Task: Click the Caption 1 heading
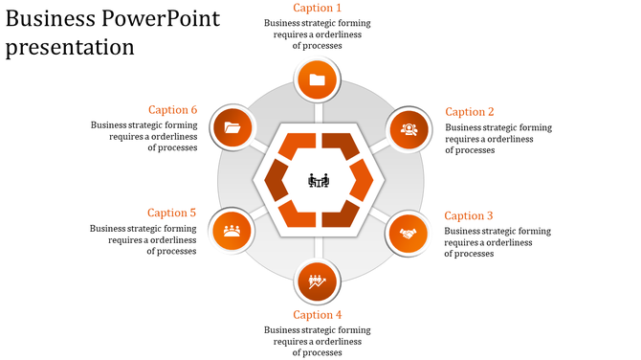tap(318, 9)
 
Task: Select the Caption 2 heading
tap(470, 112)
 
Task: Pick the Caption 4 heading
tap(318, 315)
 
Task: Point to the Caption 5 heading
tap(172, 213)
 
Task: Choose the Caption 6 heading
tap(173, 110)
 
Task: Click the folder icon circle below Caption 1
tap(318, 80)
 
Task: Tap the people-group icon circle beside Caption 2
tap(409, 128)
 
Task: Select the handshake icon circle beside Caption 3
tap(409, 233)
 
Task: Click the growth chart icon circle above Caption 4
tap(318, 282)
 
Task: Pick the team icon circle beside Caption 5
tap(231, 230)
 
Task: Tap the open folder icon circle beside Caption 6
tap(232, 127)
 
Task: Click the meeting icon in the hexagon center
tap(319, 180)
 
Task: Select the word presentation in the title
tap(70, 47)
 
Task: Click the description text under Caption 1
tap(318, 34)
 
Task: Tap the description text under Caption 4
tap(318, 342)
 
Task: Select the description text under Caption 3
tap(497, 242)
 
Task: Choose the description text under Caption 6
tap(144, 136)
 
